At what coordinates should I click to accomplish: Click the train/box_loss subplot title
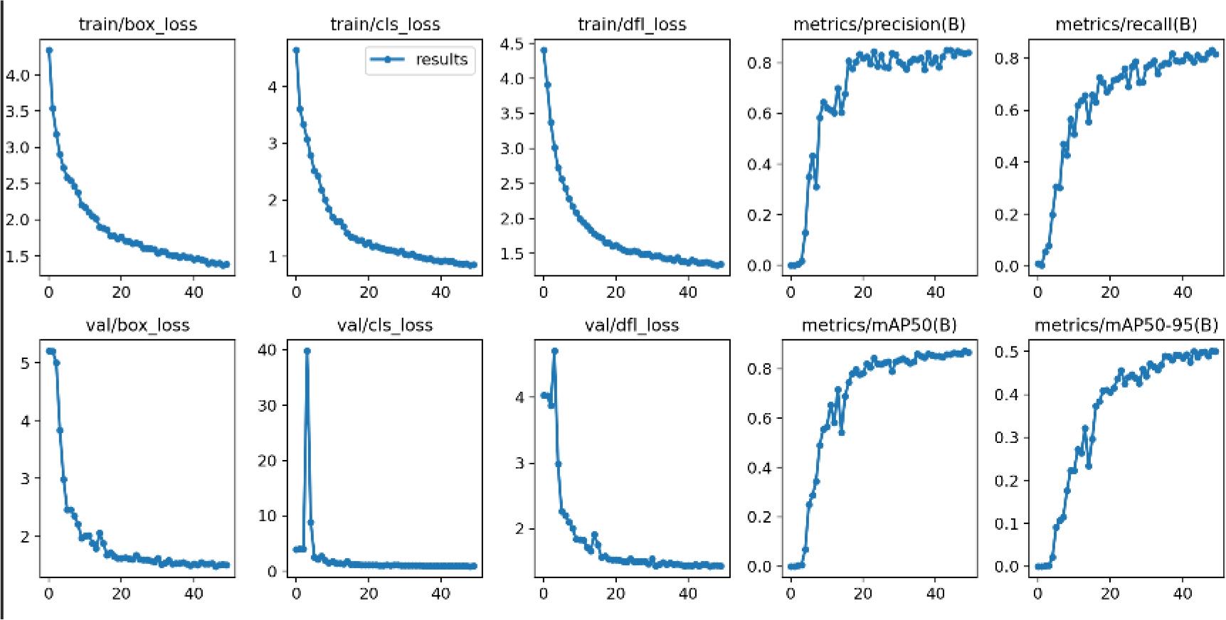point(137,24)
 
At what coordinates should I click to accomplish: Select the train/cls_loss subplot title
point(385,24)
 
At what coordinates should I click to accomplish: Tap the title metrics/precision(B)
point(879,24)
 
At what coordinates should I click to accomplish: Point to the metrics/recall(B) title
point(1126,24)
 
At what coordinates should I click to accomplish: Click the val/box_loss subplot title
point(137,325)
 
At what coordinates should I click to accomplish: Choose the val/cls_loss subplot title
point(385,325)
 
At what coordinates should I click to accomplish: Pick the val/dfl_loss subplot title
point(632,325)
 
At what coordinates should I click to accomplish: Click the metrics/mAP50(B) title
point(879,325)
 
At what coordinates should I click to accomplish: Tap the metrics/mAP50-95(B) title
point(1126,325)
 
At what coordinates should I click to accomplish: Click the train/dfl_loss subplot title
point(632,24)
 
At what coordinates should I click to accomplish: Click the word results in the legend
point(441,60)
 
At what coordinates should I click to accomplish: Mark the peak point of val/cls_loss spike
point(307,351)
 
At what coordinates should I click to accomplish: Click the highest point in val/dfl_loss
point(554,351)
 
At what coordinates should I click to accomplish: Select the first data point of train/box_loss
point(49,50)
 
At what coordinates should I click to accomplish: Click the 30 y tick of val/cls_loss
point(267,405)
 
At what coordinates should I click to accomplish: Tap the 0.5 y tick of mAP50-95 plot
point(1007,351)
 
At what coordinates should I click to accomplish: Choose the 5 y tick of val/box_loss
point(26,363)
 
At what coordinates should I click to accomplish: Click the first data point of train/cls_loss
point(296,50)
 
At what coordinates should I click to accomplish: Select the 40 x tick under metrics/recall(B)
point(1183,292)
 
